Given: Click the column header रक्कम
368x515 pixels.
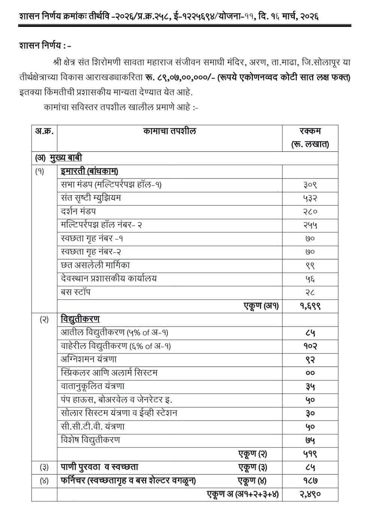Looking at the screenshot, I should (x=310, y=132).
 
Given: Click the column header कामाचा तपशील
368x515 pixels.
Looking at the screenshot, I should (x=170, y=131).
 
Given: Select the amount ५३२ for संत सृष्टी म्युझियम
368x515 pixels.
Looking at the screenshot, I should (x=310, y=198).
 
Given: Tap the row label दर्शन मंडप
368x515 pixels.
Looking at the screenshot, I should (x=78, y=211).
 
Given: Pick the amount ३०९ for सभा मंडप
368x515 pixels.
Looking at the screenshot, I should (x=310, y=185).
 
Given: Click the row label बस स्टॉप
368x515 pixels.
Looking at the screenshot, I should (x=75, y=292).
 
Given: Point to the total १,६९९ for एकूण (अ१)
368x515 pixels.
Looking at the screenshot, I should (x=310, y=306).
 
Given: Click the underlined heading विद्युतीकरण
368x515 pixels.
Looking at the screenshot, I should (x=80, y=319).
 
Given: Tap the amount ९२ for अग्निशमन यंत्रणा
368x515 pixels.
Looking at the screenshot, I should (x=310, y=359).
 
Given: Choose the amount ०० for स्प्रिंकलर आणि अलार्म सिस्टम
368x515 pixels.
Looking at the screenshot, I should (x=310, y=373).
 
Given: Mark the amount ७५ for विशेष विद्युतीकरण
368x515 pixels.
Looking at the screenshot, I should (x=310, y=440).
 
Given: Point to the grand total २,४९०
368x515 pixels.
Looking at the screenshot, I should (x=310, y=494).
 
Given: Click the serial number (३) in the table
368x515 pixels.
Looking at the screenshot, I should (x=44, y=467).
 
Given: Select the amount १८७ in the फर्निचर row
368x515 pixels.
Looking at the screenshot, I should (x=310, y=481).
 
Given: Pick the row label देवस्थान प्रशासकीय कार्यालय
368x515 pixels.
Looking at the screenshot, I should (x=109, y=278).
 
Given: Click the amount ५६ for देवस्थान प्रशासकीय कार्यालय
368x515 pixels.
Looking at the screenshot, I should (x=310, y=279).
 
